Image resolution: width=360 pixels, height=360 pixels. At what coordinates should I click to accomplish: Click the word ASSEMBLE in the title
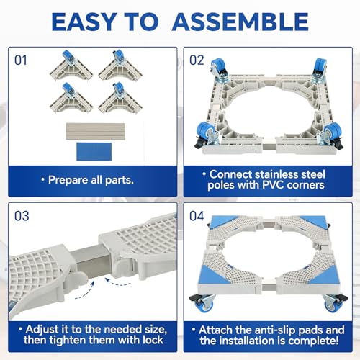(240, 22)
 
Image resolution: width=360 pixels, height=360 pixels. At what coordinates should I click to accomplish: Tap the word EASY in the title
(84, 22)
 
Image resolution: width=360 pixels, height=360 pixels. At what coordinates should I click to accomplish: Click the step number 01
(21, 60)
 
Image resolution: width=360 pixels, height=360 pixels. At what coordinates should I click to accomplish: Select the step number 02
(197, 60)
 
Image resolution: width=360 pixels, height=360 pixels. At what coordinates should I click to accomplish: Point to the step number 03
(22, 216)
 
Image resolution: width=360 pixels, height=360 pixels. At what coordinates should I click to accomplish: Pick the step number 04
(197, 216)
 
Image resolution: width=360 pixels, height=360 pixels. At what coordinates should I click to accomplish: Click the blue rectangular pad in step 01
(94, 152)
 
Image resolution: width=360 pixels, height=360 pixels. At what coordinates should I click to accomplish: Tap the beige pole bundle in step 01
(96, 131)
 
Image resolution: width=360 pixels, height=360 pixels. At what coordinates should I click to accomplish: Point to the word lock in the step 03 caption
(153, 340)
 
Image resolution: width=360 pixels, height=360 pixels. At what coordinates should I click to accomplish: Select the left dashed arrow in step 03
(85, 291)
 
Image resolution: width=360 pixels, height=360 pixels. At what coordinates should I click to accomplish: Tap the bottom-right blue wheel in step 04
(332, 305)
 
